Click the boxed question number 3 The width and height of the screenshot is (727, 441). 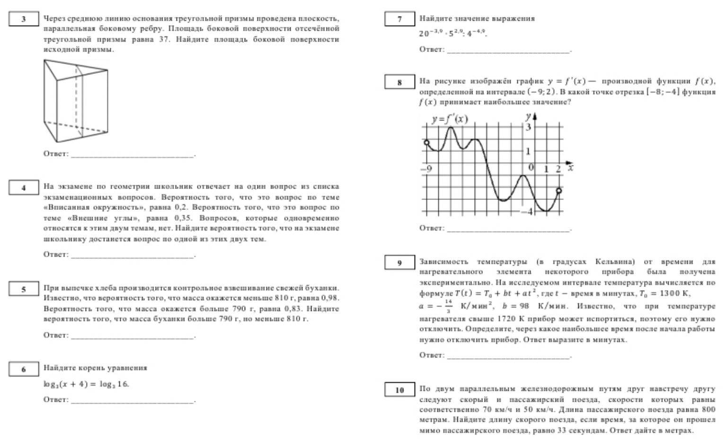click(x=24, y=19)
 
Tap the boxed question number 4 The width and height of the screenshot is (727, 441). click(x=24, y=188)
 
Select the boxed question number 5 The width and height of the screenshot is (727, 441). click(x=24, y=289)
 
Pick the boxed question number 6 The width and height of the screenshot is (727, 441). click(x=24, y=369)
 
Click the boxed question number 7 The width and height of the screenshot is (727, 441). click(x=399, y=19)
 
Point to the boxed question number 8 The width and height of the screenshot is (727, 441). click(x=399, y=82)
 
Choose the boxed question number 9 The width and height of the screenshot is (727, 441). click(x=399, y=263)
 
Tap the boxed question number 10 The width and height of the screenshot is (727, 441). click(x=399, y=390)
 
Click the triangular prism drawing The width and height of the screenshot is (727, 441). click(x=76, y=100)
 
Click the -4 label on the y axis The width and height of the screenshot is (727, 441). click(x=527, y=212)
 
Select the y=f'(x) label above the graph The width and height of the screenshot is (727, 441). click(x=449, y=119)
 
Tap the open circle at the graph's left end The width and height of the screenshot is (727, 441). click(x=426, y=143)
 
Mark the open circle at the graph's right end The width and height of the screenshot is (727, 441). click(x=559, y=190)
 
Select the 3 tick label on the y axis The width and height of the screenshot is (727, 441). click(x=529, y=127)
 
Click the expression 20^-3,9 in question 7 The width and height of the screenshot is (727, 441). click(x=431, y=33)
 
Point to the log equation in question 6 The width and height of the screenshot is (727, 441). click(x=86, y=384)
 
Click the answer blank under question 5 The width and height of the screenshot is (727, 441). click(x=133, y=336)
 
